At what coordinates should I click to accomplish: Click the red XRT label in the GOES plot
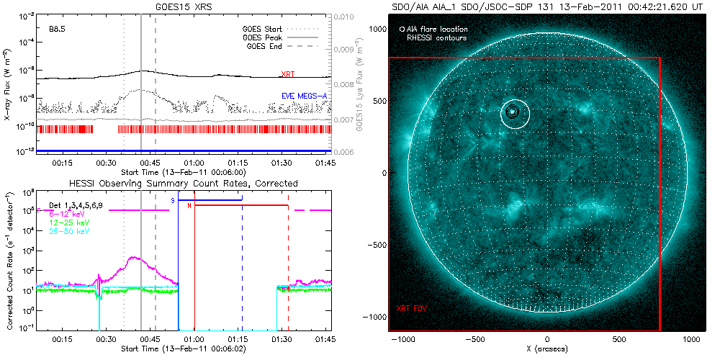pyautogui.click(x=287, y=74)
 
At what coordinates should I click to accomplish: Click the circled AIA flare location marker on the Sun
pyautogui.click(x=512, y=112)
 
